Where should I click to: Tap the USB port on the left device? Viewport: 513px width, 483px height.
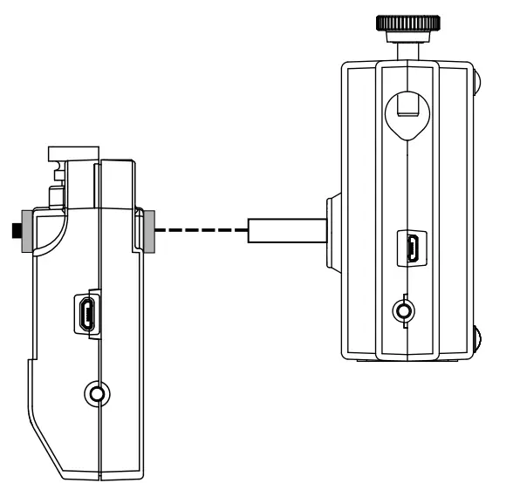click(x=87, y=315)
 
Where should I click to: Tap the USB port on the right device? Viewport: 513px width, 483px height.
click(x=409, y=248)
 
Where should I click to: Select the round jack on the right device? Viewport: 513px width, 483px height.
click(x=403, y=310)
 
